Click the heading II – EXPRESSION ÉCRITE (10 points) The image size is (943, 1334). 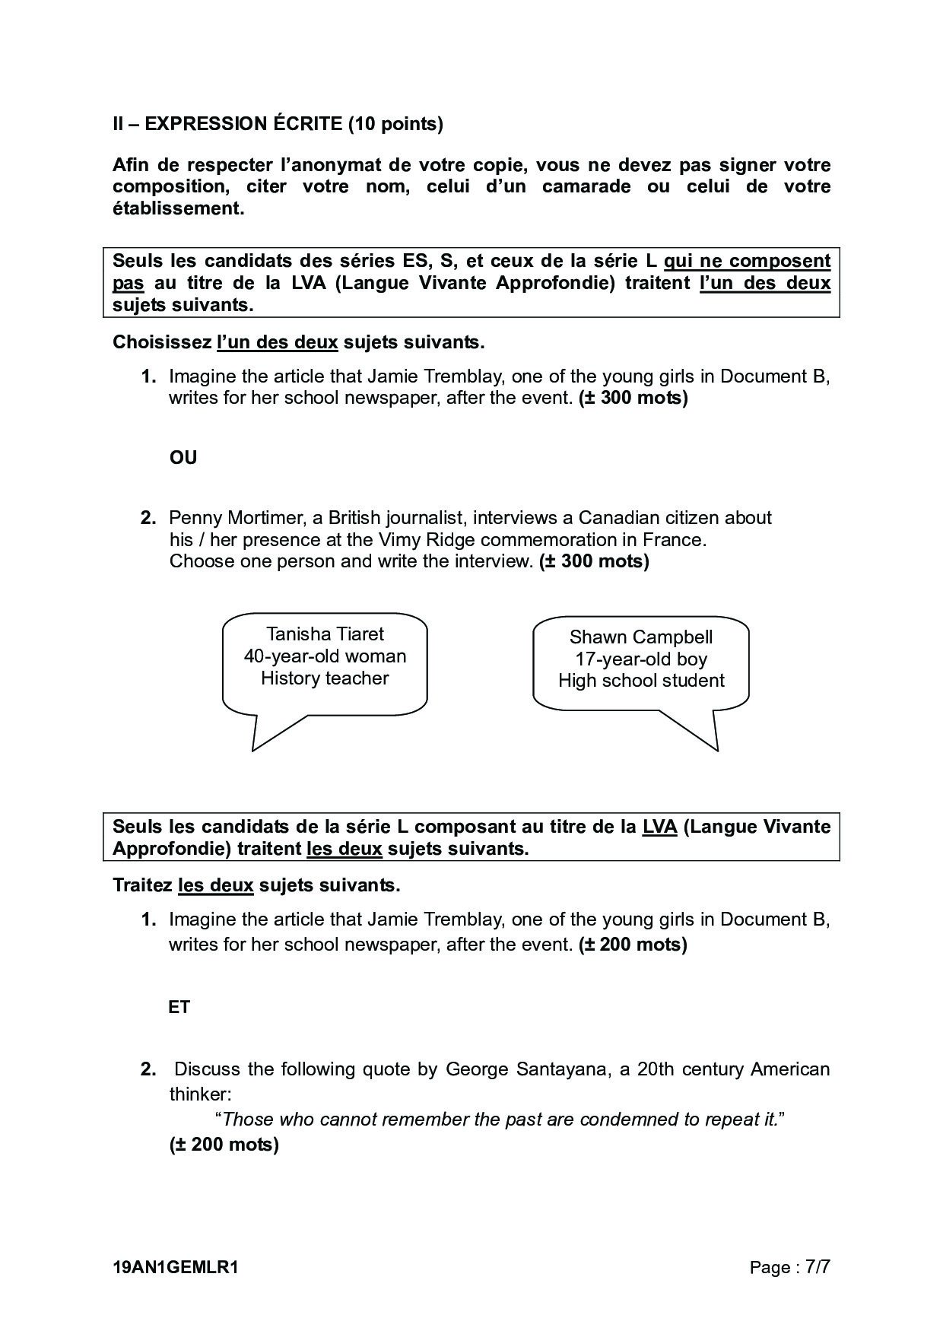pyautogui.click(x=278, y=124)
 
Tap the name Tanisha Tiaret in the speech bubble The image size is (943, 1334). pyautogui.click(x=325, y=634)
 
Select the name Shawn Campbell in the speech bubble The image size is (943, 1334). pyautogui.click(x=640, y=637)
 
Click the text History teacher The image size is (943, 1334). pyautogui.click(x=325, y=678)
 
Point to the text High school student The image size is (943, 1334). pyautogui.click(x=641, y=681)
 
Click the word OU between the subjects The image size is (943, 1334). pyautogui.click(x=183, y=458)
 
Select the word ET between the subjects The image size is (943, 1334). pyautogui.click(x=179, y=1008)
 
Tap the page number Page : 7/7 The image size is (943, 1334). pyautogui.click(x=789, y=1268)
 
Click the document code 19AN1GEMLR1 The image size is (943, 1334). pyautogui.click(x=176, y=1268)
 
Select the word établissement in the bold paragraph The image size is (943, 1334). pyautogui.click(x=178, y=209)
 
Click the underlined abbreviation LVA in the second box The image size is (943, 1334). pyautogui.click(x=659, y=827)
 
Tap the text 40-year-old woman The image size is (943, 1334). pyautogui.click(x=325, y=656)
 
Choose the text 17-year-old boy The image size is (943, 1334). pyautogui.click(x=641, y=659)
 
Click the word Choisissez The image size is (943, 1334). pyautogui.click(x=162, y=342)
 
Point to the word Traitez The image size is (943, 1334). pyautogui.click(x=142, y=885)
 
